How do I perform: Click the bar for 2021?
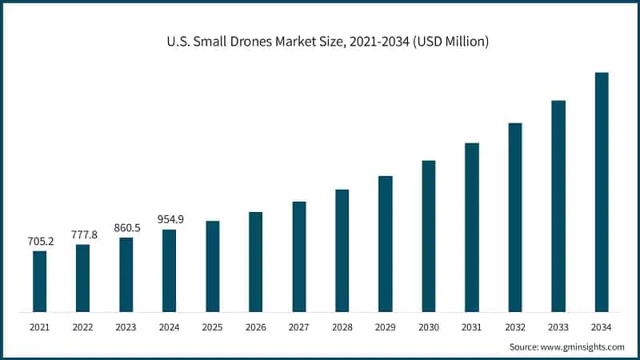tap(39, 281)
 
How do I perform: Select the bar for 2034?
tap(602, 192)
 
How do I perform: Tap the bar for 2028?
tap(342, 250)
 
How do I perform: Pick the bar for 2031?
tap(472, 227)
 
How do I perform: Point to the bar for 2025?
tap(212, 266)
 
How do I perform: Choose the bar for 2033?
tap(558, 206)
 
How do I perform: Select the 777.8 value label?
tap(82, 234)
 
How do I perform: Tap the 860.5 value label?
tap(126, 227)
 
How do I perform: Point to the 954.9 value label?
tap(169, 219)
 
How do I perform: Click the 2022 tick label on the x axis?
tap(82, 327)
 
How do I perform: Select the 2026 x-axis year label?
tap(255, 327)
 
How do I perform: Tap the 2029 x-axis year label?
tap(386, 327)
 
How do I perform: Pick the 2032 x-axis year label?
tap(515, 327)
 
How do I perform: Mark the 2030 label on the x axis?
tap(429, 327)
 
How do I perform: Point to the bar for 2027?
tap(299, 257)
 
